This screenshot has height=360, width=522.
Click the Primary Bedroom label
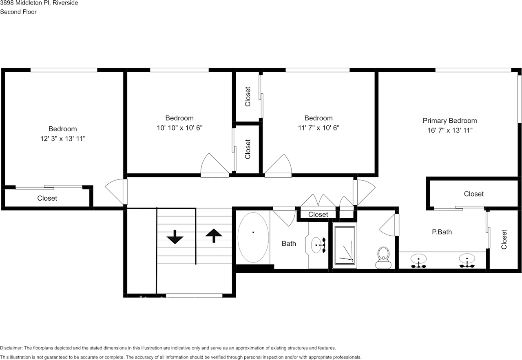[449, 121]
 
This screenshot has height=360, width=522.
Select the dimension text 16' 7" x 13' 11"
[449, 130]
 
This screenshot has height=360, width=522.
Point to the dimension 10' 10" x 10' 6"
[179, 128]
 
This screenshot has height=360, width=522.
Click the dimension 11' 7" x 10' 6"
[319, 128]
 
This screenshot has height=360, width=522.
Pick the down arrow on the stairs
[175, 237]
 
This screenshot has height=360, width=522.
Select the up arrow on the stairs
[214, 235]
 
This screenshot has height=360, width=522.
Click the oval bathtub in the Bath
[253, 237]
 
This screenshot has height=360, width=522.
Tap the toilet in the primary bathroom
[383, 258]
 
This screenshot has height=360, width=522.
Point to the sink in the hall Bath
[318, 245]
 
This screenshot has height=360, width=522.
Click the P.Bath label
[442, 232]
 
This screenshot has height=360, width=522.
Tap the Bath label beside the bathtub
[289, 243]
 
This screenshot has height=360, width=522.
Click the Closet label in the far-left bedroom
[47, 198]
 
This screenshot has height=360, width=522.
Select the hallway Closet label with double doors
[318, 214]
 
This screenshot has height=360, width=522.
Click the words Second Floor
[18, 12]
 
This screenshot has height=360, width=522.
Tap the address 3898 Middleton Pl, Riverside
[39, 3]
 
